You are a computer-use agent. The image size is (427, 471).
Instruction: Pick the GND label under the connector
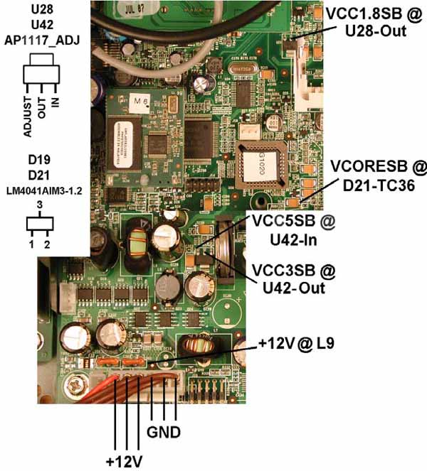click(163, 431)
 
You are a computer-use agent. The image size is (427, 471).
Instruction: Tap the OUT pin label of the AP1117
click(41, 107)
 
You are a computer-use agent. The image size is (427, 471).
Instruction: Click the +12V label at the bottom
click(125, 460)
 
